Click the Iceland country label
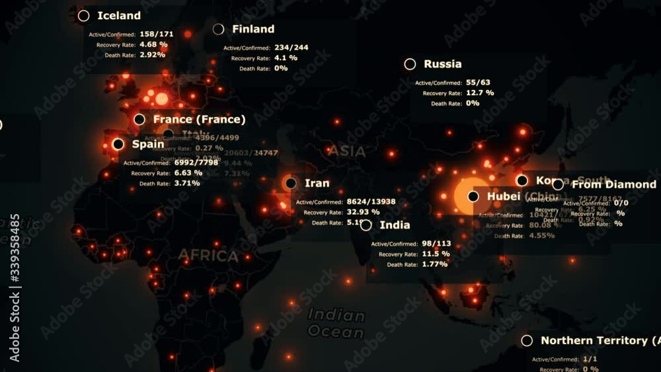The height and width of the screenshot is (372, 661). pos(119,16)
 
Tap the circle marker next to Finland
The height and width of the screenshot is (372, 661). pos(219,29)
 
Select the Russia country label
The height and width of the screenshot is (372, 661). pos(442,64)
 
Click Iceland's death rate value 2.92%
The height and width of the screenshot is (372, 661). pos(152,55)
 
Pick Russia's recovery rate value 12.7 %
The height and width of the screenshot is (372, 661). pos(479,93)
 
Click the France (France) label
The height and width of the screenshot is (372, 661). pos(199,120)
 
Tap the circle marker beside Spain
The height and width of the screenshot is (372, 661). pos(118,144)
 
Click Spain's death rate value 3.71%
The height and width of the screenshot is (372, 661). pos(187,183)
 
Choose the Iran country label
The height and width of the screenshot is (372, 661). pos(317,183)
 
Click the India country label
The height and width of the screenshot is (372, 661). pos(395,225)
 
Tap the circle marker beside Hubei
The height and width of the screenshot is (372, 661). pos(473,196)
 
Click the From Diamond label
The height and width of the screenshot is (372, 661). pos(613,184)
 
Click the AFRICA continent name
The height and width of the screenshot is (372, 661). pos(208,256)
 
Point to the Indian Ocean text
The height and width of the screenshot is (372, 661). pos(336,323)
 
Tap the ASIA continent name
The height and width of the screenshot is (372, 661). pos(347,151)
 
